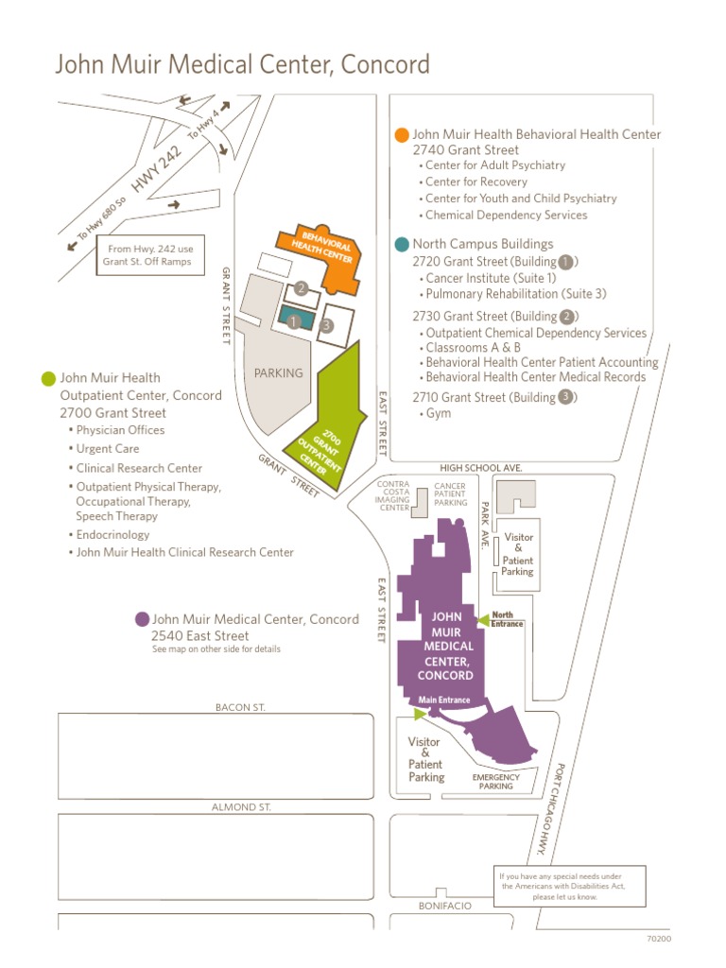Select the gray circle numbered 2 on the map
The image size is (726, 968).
tap(301, 288)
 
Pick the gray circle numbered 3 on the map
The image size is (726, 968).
tap(326, 325)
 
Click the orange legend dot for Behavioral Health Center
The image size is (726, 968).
tap(402, 135)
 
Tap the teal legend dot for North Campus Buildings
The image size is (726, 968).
tap(402, 244)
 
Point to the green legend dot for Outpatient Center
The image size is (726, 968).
tap(49, 379)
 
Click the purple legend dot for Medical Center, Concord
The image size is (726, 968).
tap(142, 619)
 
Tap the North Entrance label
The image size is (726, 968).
tap(508, 619)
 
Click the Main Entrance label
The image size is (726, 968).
tap(444, 700)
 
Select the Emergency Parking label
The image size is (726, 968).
tap(495, 782)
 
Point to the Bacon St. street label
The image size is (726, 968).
tap(241, 707)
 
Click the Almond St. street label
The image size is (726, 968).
tap(241, 807)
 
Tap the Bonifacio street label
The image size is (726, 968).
tap(444, 906)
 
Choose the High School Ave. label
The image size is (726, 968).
tap(480, 468)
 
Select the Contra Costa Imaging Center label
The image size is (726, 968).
tap(393, 495)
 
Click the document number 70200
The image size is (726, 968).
tap(659, 939)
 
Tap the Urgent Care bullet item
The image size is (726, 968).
tap(108, 449)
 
